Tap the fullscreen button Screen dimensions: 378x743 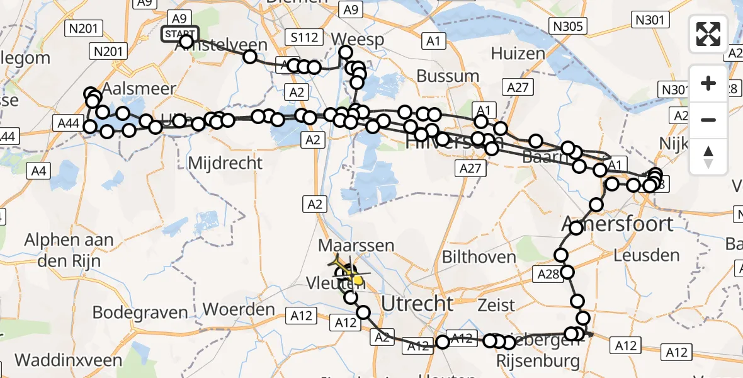pyautogui.click(x=708, y=34)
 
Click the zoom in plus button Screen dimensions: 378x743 pyautogui.click(x=708, y=83)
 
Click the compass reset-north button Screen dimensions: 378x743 pyautogui.click(x=708, y=157)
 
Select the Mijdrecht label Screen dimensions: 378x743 pyautogui.click(x=225, y=163)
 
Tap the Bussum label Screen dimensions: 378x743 pyautogui.click(x=448, y=76)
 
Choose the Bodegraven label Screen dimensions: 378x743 pyautogui.click(x=140, y=312)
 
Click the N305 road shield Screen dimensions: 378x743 pyautogui.click(x=568, y=26)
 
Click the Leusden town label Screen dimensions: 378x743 pyautogui.click(x=647, y=256)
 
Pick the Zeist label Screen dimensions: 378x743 pyautogui.click(x=497, y=306)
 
